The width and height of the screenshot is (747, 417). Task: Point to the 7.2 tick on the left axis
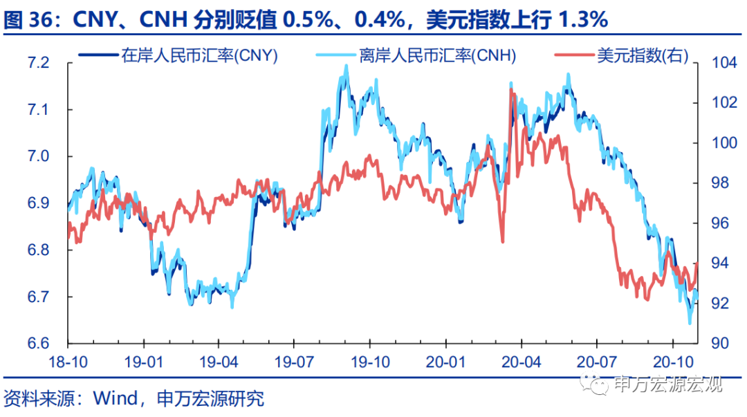pos(39,63)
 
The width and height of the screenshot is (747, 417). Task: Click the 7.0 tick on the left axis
pos(39,156)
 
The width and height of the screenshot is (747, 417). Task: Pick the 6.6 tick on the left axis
pos(39,344)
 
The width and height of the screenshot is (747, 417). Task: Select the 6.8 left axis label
pos(39,250)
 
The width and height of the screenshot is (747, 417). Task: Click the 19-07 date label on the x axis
pos(293,361)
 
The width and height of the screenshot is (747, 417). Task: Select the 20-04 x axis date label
pos(521,361)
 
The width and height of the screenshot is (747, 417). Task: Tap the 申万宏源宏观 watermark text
pos(667,383)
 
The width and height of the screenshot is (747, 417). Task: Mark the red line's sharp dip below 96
pos(503,241)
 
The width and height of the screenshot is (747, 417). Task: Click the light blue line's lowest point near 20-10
pos(690,322)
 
